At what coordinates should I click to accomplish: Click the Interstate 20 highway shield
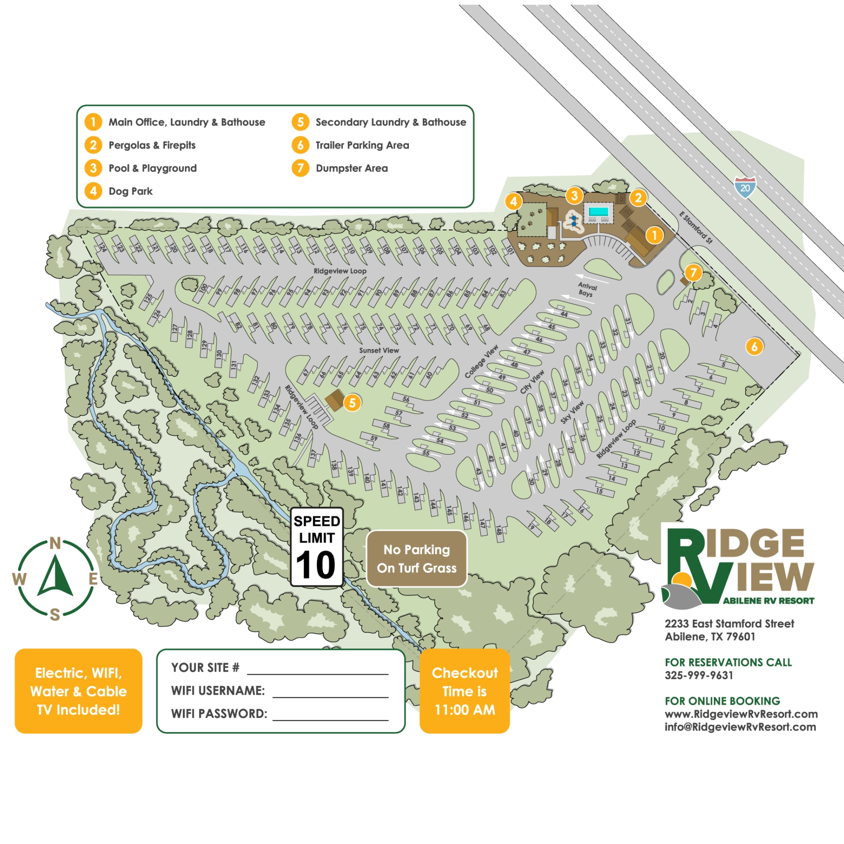pos(745,188)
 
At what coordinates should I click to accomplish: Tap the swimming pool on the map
pos(598,212)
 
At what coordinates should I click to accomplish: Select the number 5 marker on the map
pos(352,402)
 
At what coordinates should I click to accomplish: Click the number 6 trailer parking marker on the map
pos(754,347)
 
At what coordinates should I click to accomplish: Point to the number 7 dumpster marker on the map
pos(693,272)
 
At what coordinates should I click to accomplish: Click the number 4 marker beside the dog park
pos(513,202)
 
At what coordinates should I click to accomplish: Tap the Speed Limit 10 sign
pos(317,546)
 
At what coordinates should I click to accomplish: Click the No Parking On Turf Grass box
pos(416,558)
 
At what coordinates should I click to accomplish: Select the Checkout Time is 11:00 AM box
pos(464,691)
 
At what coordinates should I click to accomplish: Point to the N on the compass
pos(55,543)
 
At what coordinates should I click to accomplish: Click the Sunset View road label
pos(379,350)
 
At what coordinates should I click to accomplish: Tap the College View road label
pos(481,361)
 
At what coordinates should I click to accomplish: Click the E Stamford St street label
pos(696,227)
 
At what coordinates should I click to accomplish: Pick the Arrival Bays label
pos(587,290)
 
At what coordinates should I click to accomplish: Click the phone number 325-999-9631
pos(699,675)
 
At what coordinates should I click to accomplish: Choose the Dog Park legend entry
pos(130,191)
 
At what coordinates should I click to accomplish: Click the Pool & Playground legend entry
pos(152,168)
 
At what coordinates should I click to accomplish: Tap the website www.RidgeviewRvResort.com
pos(741,714)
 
